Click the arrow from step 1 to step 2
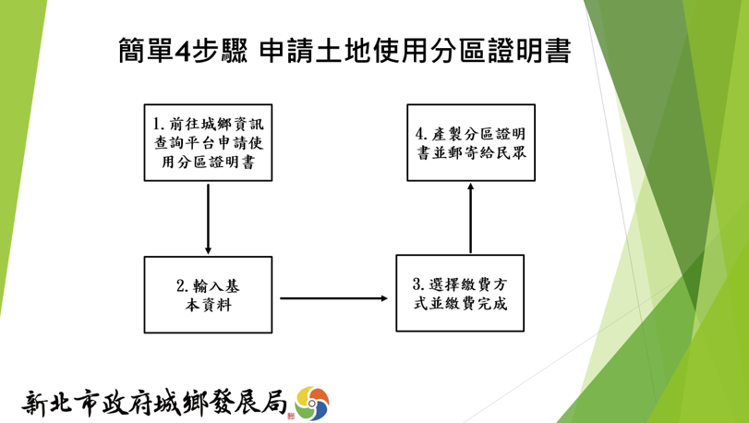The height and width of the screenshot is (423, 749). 209,219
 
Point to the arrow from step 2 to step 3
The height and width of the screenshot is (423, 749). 334,298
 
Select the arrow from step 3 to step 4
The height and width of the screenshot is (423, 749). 470,218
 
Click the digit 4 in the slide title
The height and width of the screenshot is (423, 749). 183,51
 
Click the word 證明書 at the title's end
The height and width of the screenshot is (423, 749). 529,51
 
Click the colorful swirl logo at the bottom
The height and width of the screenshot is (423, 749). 312,404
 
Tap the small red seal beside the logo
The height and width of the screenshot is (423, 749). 291,416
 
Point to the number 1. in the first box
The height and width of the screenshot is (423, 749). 159,124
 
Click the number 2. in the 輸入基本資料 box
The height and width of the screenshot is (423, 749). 183,286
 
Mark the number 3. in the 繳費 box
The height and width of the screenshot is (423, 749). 418,284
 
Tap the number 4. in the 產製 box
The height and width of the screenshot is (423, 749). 421,134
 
